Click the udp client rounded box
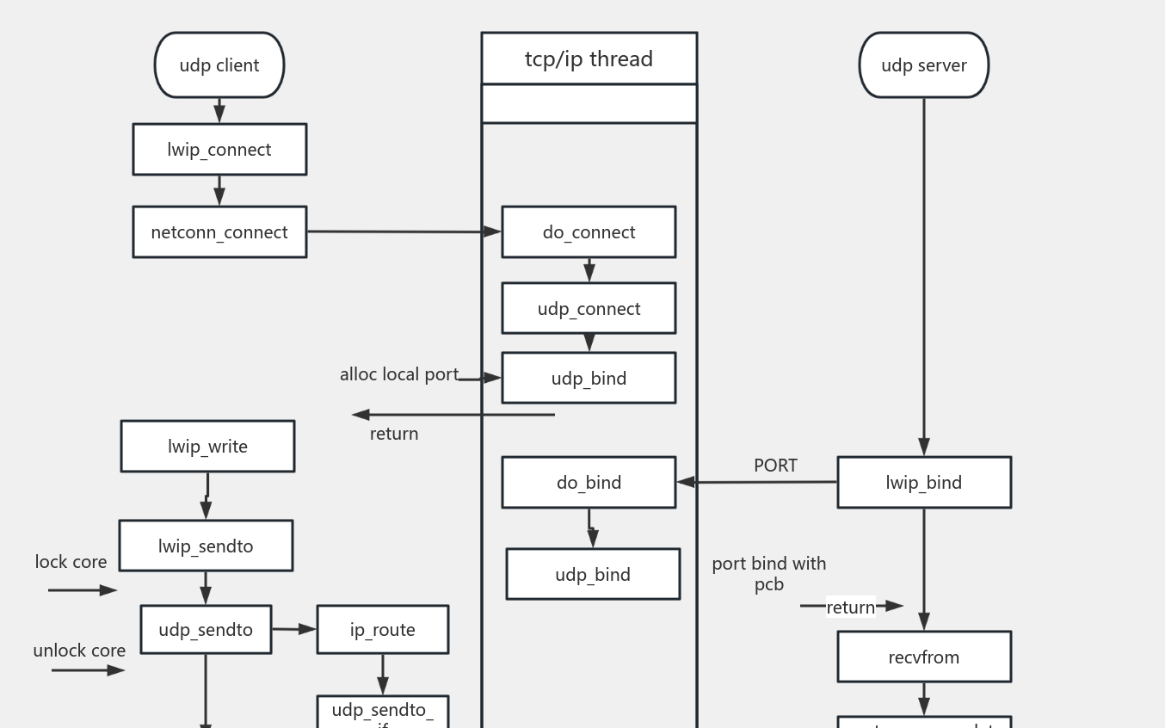219,65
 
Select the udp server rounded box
923,65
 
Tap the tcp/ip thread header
589,59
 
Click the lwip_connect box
219,150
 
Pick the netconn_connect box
219,232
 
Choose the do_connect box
589,232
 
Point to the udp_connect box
589,309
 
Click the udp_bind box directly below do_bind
593,574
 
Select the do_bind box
589,483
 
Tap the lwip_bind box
923,483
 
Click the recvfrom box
923,657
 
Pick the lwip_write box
207,447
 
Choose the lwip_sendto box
206,546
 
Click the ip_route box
382,630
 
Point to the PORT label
775,466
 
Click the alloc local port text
398,374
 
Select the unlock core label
79,651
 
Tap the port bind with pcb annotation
768,574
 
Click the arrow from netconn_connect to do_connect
404,231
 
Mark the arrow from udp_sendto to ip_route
293,629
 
